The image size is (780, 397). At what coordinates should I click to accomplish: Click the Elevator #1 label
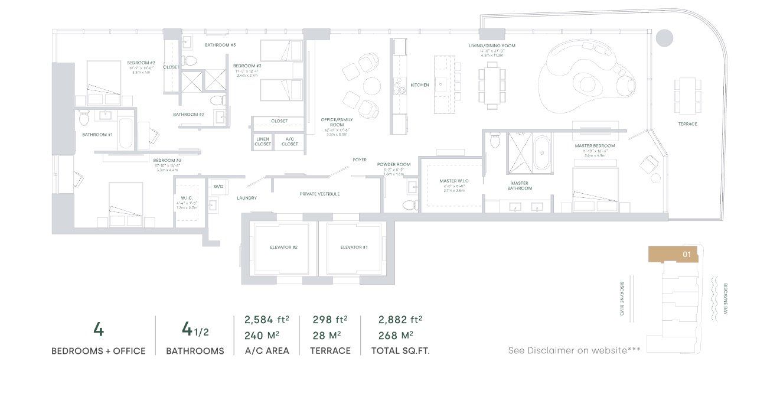tap(354, 247)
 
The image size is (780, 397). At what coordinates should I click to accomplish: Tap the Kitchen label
tap(420, 85)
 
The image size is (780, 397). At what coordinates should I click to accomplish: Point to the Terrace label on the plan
tap(687, 124)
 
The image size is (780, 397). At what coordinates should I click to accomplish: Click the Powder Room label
tap(396, 164)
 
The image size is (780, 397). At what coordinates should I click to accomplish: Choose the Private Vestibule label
tap(319, 194)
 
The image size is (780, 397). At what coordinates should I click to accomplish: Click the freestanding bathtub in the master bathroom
tap(541, 152)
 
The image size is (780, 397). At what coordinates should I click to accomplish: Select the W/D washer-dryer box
tap(218, 186)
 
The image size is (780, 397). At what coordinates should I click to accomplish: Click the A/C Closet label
tap(290, 142)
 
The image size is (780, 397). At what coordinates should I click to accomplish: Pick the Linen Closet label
tap(263, 142)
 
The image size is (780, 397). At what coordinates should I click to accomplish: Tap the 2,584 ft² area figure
tap(266, 320)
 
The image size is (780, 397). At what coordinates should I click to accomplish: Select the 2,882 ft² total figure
tap(400, 320)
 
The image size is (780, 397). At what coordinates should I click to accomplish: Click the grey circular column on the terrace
tap(664, 38)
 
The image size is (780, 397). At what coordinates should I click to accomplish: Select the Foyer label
tap(360, 160)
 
